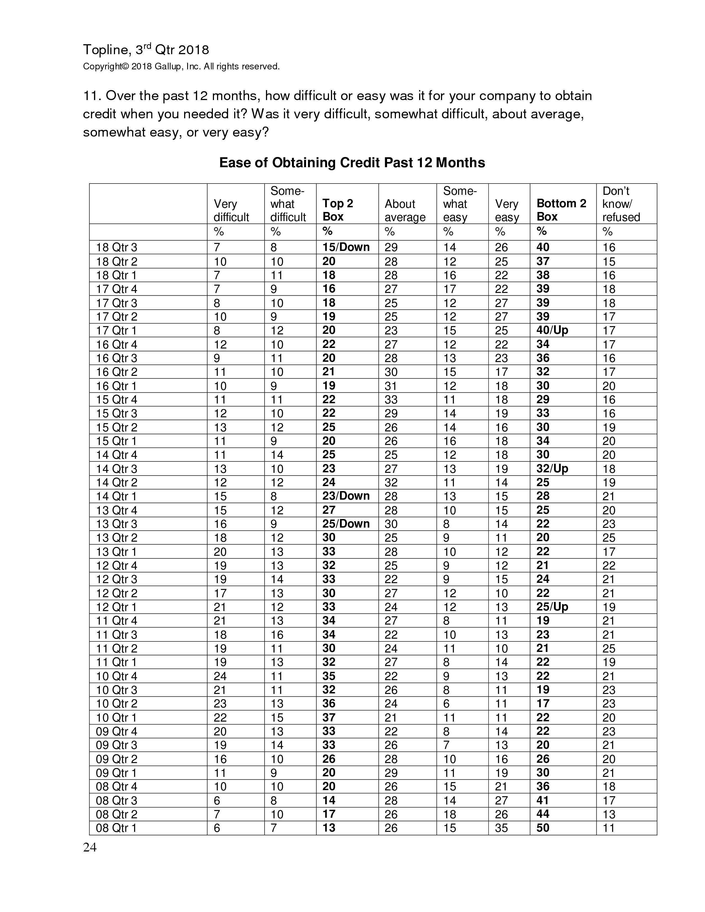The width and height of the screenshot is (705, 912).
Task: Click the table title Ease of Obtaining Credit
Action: coord(352,163)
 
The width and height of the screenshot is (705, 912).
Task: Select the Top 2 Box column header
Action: coord(338,210)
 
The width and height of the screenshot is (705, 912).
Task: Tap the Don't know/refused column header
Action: coord(621,204)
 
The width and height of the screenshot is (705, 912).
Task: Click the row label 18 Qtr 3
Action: coord(116,248)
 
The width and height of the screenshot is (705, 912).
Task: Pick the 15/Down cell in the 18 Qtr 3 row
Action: coord(346,247)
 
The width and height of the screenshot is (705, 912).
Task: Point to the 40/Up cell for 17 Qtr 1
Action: coord(552,330)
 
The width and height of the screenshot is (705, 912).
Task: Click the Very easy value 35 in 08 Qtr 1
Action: coord(501,828)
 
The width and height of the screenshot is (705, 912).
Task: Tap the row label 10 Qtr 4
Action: coord(116,676)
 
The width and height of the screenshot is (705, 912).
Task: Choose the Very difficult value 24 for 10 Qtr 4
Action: coord(220,676)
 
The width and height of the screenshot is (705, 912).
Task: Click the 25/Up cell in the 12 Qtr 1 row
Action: coord(552,607)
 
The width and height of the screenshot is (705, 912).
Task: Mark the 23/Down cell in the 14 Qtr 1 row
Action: coord(346,496)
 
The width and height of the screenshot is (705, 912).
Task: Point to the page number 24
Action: coord(90,847)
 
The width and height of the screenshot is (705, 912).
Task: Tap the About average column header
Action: coord(405,211)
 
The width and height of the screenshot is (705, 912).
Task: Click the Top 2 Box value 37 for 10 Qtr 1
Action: coord(329,717)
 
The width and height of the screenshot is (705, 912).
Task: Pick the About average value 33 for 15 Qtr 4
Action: coord(391,400)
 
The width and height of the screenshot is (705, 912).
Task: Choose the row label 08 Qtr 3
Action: coord(116,801)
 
